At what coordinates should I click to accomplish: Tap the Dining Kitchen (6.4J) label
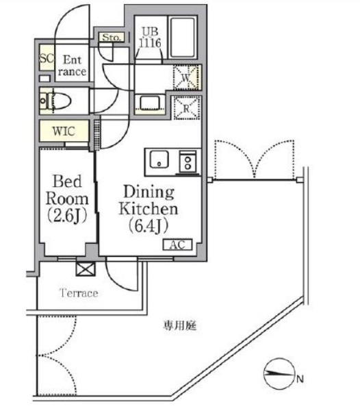click(149, 207)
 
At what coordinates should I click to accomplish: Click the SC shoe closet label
click(47, 59)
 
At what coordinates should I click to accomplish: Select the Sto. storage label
click(111, 38)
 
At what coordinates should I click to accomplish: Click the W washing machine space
click(185, 78)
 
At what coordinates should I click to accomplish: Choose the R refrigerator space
click(185, 107)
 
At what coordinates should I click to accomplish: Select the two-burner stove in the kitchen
click(187, 162)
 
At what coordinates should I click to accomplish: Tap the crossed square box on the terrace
click(86, 268)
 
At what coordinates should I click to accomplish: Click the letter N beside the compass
click(300, 377)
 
